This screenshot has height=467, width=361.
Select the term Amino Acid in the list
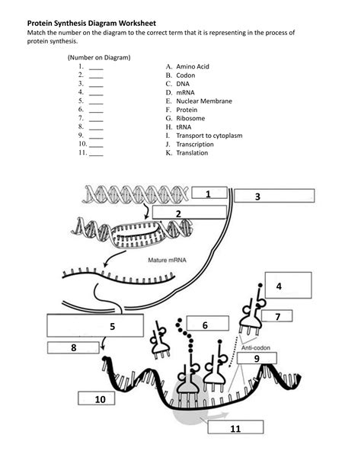192,67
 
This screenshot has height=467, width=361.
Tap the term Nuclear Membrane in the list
203,101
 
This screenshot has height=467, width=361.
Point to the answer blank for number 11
96,154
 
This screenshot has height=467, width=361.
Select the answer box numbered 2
178,213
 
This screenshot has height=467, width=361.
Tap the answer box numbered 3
273,197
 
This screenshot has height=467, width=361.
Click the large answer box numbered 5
95,325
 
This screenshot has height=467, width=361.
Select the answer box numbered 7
277,315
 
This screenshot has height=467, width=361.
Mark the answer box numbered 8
75,348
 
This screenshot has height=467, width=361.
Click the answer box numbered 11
233,427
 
